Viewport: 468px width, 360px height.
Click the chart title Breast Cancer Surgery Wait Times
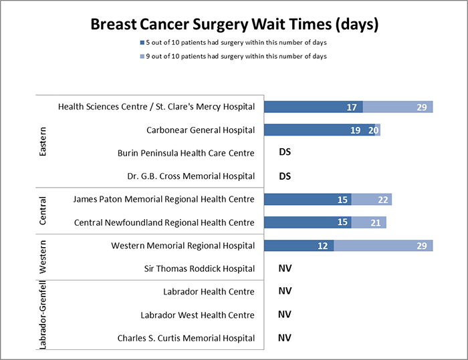[x=234, y=25]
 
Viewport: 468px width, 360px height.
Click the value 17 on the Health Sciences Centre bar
[x=352, y=107]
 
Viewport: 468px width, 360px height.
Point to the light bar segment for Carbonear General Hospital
[x=374, y=130]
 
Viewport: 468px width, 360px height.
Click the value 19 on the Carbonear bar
[x=356, y=130]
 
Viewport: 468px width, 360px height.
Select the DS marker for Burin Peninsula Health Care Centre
[x=285, y=153]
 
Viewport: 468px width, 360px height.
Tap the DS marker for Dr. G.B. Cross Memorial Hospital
[x=285, y=176]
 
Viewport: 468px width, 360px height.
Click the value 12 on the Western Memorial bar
[x=322, y=246]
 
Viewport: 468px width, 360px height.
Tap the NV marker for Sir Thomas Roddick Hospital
[x=285, y=268]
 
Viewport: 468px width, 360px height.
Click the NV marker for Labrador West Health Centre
[x=285, y=315]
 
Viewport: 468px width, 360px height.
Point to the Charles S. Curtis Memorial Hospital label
[x=186, y=338]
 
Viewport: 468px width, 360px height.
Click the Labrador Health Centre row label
[x=209, y=292]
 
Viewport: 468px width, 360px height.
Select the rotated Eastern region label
[x=43, y=142]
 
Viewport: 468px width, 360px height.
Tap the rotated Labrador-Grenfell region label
[x=43, y=315]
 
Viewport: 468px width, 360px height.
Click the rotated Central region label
[x=43, y=211]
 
